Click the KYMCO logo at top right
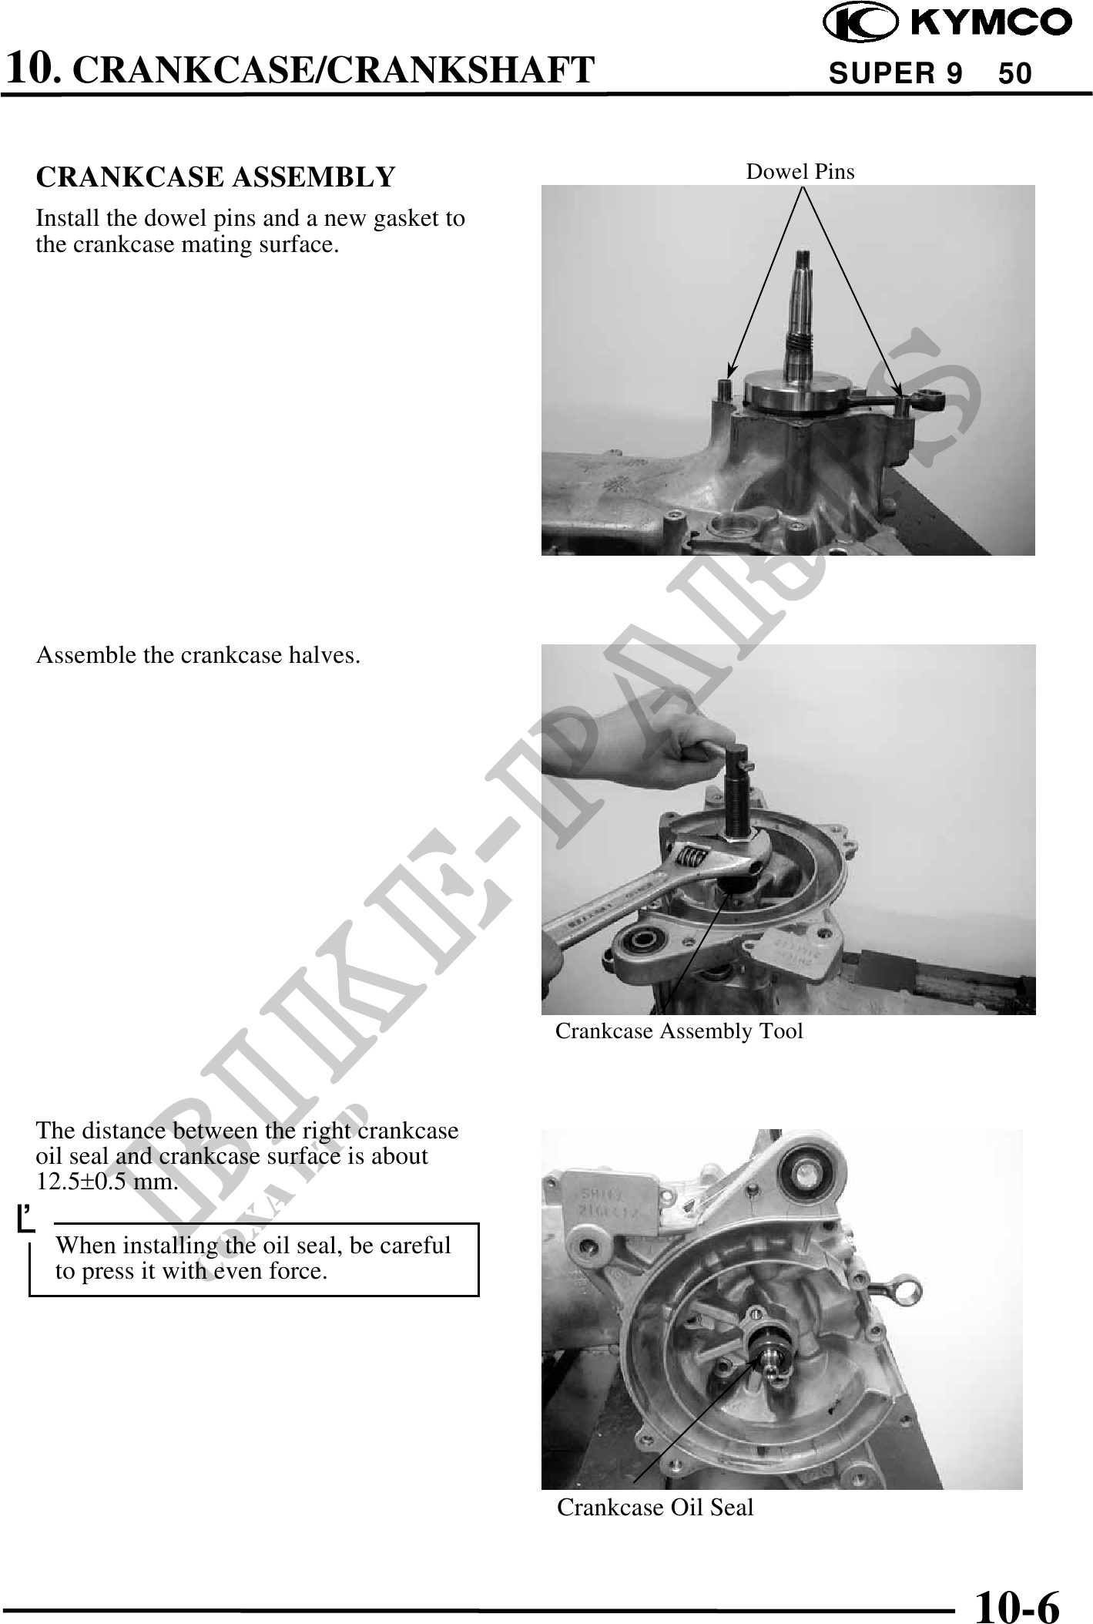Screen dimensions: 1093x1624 tap(947, 23)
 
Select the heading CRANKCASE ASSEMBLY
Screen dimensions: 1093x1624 tap(216, 177)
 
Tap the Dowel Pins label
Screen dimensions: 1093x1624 tap(800, 171)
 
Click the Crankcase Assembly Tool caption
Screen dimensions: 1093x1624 tap(679, 1031)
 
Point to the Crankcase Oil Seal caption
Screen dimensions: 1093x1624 tap(655, 1507)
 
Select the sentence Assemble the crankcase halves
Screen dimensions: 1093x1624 tap(198, 655)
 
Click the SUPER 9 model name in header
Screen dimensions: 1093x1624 tap(895, 74)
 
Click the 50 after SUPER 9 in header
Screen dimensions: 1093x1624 tap(1014, 74)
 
